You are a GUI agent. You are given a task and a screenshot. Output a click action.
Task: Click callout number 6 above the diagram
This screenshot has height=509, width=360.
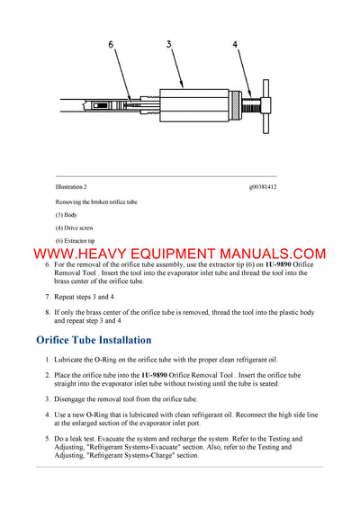[111, 43]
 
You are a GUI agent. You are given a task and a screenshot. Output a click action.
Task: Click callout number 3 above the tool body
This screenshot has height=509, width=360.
[168, 43]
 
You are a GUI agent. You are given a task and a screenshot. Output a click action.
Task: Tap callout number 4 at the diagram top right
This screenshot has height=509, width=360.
[234, 43]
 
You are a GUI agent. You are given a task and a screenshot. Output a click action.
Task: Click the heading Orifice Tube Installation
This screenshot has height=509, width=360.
[94, 340]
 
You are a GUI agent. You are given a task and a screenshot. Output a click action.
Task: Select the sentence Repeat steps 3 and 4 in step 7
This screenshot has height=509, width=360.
[97, 296]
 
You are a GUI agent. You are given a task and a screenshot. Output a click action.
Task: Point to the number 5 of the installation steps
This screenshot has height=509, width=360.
[48, 439]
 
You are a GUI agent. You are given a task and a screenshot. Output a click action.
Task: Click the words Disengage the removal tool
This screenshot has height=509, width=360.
[101, 398]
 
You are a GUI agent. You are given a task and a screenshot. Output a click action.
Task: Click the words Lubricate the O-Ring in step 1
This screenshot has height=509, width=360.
[94, 360]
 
